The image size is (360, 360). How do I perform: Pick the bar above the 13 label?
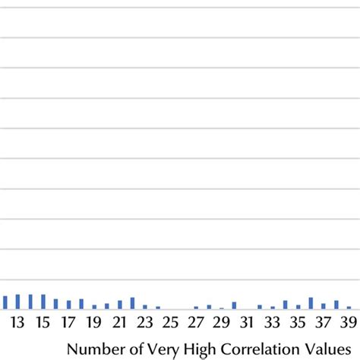[x=18, y=302]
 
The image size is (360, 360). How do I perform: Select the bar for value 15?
[x=43, y=302]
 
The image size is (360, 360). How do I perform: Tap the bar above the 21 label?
[x=119, y=305]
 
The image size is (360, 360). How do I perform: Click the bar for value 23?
[x=145, y=307]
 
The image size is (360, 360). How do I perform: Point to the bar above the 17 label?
[x=68, y=305]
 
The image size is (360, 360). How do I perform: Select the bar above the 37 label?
[x=324, y=306]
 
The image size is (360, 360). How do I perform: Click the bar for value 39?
[x=349, y=308]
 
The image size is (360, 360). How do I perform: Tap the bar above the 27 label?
[x=196, y=308]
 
